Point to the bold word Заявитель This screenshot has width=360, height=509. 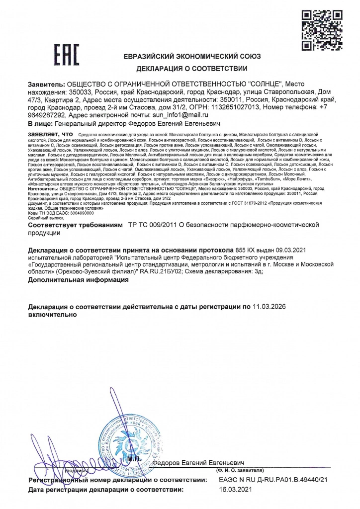coord(46,84)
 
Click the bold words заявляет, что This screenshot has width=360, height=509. coord(51,134)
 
